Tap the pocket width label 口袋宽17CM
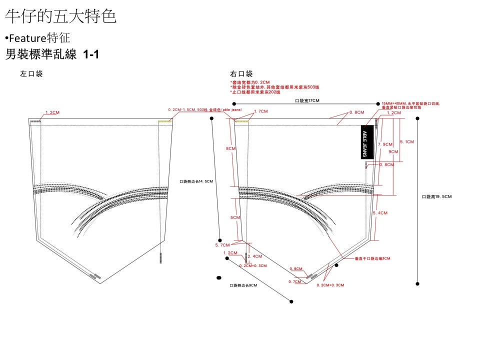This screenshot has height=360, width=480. (307, 100)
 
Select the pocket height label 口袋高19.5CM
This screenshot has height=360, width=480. (437, 196)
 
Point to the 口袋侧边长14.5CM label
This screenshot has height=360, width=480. (196, 181)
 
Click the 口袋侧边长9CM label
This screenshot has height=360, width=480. (243, 285)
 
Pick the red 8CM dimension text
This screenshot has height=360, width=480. (230, 148)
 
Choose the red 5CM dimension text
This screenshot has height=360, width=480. (234, 218)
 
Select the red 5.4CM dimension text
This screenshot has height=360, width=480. (380, 213)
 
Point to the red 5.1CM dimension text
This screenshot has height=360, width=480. (406, 142)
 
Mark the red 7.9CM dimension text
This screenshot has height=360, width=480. (385, 144)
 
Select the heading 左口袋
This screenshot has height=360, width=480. (31, 73)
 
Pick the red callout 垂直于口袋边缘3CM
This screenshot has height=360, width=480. (372, 258)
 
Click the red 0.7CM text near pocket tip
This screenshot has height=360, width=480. (295, 281)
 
